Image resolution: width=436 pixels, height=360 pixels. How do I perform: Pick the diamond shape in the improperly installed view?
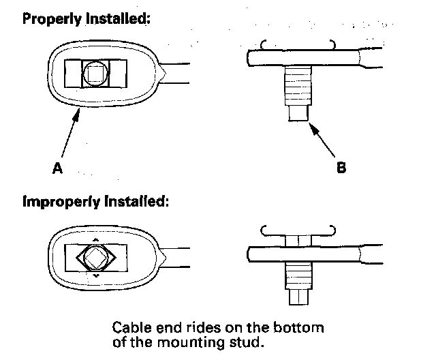(95, 260)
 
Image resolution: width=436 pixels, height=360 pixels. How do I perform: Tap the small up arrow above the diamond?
(95, 240)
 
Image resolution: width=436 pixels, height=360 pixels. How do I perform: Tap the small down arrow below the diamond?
(95, 280)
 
